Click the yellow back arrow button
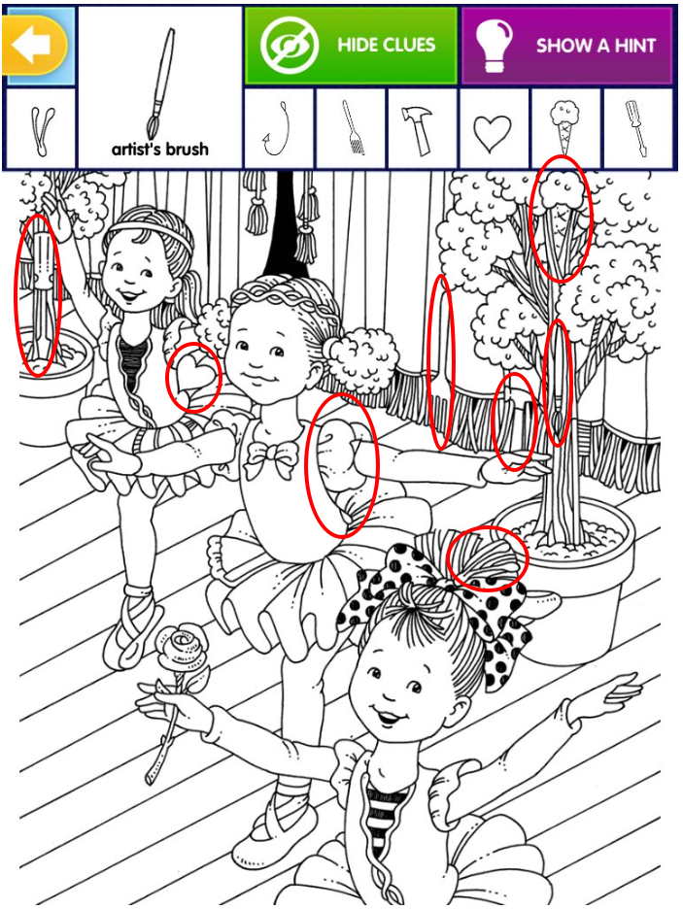[35, 46]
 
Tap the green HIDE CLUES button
[351, 46]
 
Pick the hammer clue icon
[422, 130]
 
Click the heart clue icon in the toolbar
[493, 133]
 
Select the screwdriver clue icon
[636, 128]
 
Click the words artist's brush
[160, 149]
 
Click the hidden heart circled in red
[192, 377]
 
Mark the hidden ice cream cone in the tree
[561, 218]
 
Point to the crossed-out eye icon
[290, 45]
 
